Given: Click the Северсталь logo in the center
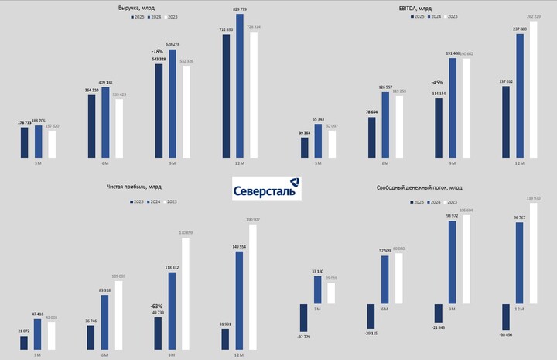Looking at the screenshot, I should (267, 188).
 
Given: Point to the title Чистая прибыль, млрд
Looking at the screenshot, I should (134, 187).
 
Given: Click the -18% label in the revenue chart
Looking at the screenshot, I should (157, 51).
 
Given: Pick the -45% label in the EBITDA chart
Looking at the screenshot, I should (438, 83).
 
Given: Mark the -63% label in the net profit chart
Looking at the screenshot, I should (157, 307).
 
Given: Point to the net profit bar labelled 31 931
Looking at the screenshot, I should (225, 339).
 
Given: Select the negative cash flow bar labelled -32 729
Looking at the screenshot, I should (304, 317).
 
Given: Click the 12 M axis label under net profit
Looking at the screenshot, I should (238, 355).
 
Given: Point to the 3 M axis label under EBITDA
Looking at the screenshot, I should (318, 164).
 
